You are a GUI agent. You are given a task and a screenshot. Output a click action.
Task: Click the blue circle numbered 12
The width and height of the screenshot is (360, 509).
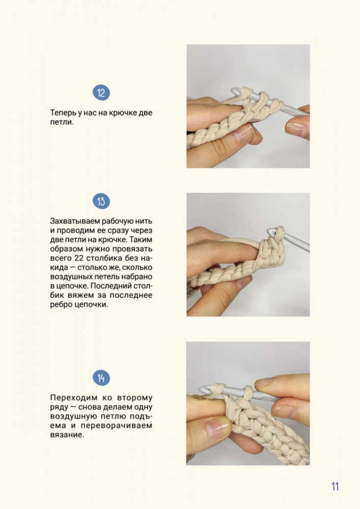click(x=101, y=93)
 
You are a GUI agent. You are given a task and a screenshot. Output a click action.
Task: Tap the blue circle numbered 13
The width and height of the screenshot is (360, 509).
click(x=101, y=201)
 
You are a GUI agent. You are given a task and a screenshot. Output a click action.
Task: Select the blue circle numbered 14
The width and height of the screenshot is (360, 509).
click(x=101, y=378)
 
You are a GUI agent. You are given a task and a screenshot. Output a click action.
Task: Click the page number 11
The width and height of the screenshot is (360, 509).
click(x=335, y=486)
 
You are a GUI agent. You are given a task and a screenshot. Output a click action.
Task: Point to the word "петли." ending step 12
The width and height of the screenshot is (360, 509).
click(x=62, y=122)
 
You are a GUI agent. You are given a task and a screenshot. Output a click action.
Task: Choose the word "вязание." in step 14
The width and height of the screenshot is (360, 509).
click(x=67, y=435)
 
